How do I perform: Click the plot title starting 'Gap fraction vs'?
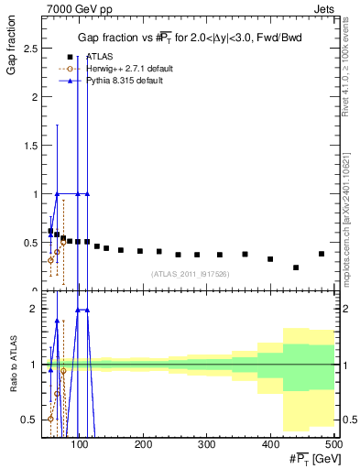click(x=189, y=37)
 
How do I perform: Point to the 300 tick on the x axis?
click(x=207, y=444)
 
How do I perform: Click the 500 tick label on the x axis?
click(x=333, y=444)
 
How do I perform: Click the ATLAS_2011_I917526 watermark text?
click(x=189, y=274)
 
